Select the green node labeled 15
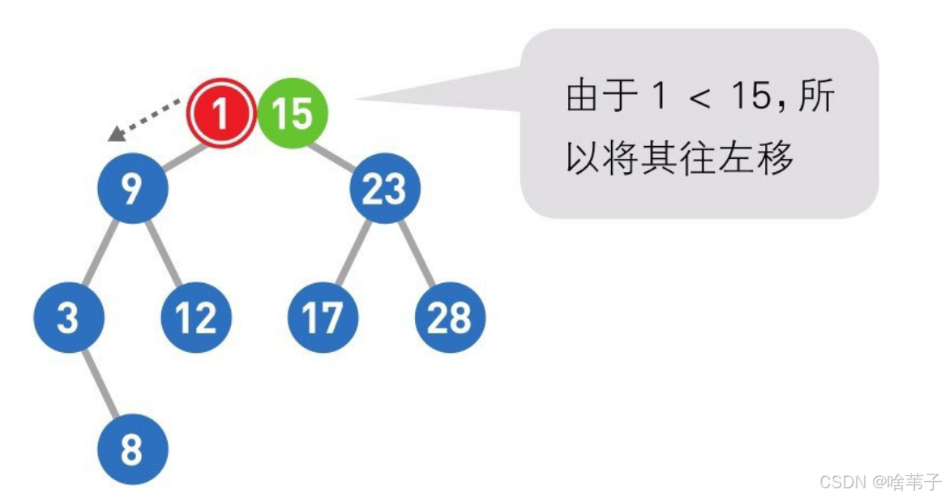coord(293,113)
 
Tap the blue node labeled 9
coord(132,189)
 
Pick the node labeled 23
coord(385,189)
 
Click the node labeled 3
coord(69,317)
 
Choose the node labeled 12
coord(196,317)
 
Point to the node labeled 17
coord(323,317)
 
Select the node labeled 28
coord(450,317)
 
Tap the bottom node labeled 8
coord(132,449)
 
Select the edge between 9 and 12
coord(165,254)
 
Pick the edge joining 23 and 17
coord(353,254)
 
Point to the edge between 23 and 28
coord(417,254)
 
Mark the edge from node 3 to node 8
coord(100,384)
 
